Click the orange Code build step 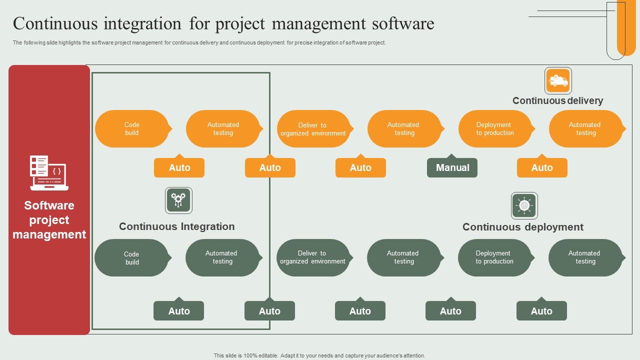pos(132,129)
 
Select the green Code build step pos(132,258)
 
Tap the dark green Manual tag pos(452,168)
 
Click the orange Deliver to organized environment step pos(313,129)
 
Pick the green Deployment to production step pos(494,257)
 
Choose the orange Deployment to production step pos(495,129)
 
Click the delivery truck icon pos(558,81)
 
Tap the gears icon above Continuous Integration pos(178,200)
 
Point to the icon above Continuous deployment pos(524,205)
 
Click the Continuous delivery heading pos(557,101)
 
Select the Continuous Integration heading pos(176,226)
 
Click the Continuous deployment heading pos(522,227)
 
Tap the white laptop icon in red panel pos(49,173)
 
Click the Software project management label pos(49,220)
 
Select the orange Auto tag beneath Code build pos(179,168)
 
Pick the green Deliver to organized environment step pos(313,257)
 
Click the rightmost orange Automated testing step pos(585,129)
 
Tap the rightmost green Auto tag pos(541,311)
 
